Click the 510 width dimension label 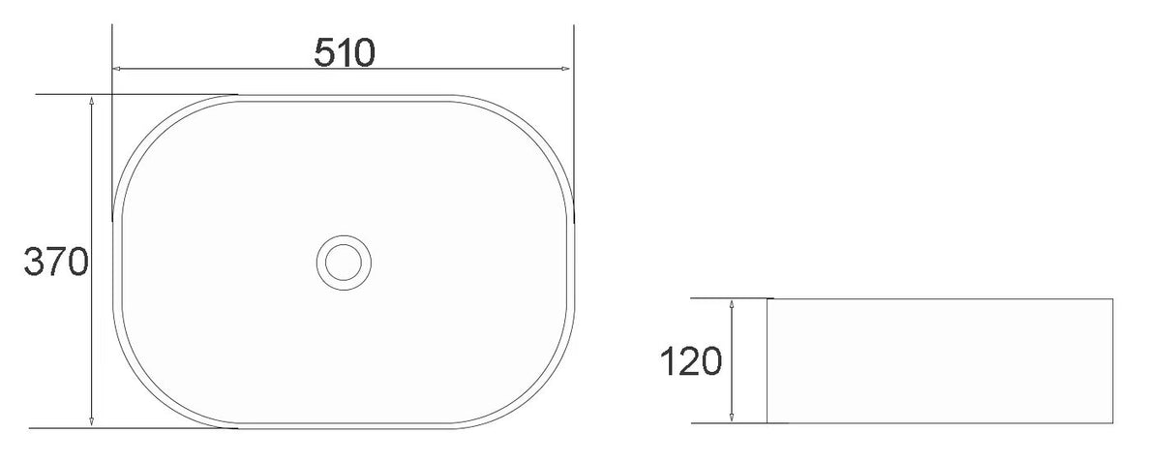[x=344, y=52]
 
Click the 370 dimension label [x=56, y=262]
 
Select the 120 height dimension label [x=691, y=361]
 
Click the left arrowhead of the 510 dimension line [x=118, y=70]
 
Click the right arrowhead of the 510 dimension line [x=564, y=70]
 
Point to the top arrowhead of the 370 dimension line [x=91, y=101]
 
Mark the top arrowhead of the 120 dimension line [x=733, y=304]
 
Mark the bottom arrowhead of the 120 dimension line [x=733, y=418]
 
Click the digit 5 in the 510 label [x=325, y=52]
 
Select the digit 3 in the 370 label [x=35, y=262]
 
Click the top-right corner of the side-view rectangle [x=1112, y=299]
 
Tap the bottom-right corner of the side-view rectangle [x=1112, y=423]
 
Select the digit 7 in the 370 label [x=56, y=262]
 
